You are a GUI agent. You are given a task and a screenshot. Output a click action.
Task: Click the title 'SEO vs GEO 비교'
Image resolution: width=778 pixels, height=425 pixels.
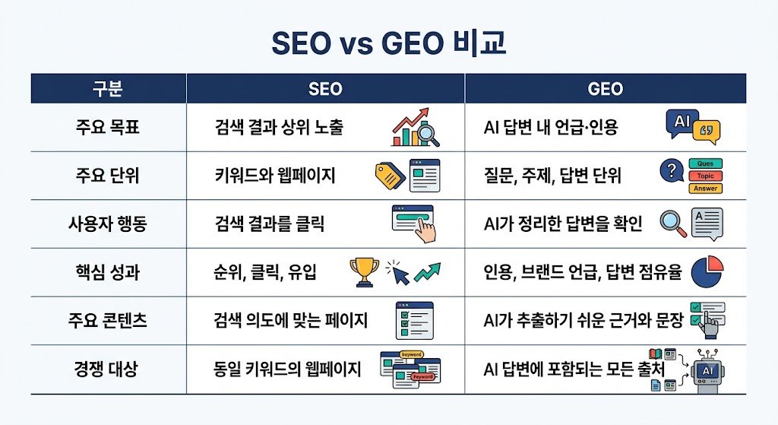click(x=388, y=43)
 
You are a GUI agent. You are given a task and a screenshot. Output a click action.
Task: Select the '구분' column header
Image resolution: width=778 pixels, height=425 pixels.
click(x=108, y=89)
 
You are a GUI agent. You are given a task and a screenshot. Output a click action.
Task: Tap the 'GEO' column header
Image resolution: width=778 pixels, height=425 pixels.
click(x=606, y=89)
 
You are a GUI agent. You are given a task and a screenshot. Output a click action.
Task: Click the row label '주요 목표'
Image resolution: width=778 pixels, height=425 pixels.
click(x=108, y=127)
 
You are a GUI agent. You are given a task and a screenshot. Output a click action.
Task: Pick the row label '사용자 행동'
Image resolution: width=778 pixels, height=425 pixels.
click(x=108, y=224)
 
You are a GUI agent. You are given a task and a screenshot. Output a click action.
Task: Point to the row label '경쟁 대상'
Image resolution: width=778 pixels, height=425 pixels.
click(x=106, y=369)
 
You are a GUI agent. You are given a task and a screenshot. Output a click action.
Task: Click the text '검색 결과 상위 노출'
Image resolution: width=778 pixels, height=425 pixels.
click(x=279, y=127)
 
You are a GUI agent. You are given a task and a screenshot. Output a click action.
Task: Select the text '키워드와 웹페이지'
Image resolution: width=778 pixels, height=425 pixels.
click(x=275, y=176)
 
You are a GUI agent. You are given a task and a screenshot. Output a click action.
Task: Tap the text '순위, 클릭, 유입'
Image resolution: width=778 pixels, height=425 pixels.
click(x=265, y=272)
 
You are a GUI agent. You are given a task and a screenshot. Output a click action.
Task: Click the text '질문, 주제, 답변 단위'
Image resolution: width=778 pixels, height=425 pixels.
click(x=552, y=176)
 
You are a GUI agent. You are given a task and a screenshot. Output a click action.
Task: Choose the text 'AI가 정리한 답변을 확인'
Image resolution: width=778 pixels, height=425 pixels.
click(x=563, y=224)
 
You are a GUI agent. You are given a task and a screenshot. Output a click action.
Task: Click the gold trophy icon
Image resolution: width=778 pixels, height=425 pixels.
click(x=364, y=272)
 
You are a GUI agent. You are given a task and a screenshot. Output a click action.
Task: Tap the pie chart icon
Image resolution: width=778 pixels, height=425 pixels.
click(x=707, y=272)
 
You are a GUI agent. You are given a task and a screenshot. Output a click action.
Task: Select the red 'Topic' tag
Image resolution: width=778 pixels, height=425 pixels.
click(x=706, y=176)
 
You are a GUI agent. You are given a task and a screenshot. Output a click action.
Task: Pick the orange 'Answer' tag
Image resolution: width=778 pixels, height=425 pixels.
click(x=706, y=189)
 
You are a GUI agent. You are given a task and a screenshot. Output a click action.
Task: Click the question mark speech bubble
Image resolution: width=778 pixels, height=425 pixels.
click(x=672, y=171)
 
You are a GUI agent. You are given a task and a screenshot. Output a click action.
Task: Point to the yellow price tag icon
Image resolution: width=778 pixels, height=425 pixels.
click(x=390, y=176)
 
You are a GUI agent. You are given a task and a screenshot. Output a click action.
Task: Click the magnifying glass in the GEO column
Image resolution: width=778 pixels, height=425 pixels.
click(x=673, y=224)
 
